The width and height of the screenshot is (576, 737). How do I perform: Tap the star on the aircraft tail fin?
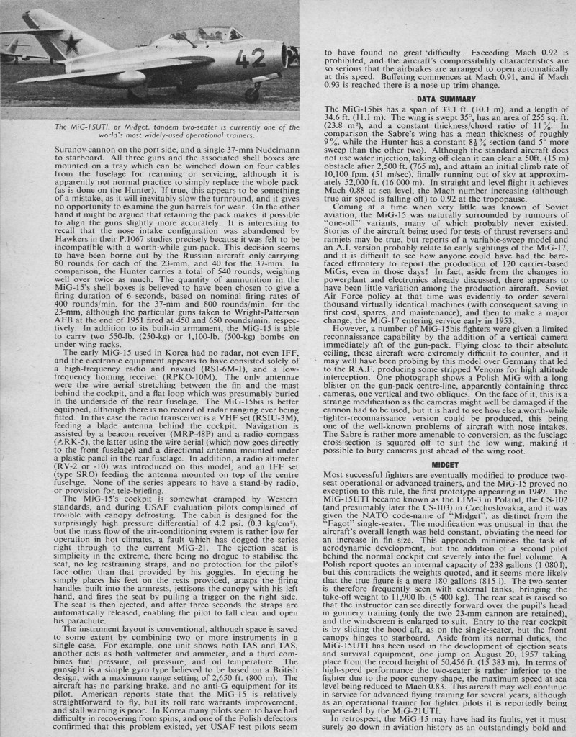71,44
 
